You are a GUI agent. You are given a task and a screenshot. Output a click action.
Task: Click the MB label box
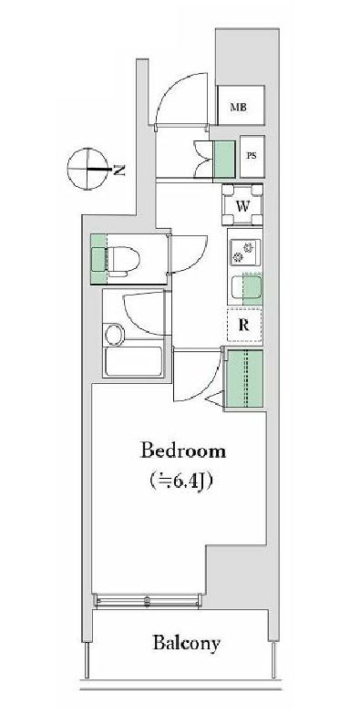pos(240,108)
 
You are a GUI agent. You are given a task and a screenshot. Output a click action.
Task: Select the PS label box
pos(251,156)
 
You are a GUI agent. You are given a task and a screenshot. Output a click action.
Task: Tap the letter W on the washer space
pos(243,205)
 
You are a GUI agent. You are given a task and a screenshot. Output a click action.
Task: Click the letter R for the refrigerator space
pos(244,324)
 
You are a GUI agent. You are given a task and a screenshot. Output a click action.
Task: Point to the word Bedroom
pos(182,451)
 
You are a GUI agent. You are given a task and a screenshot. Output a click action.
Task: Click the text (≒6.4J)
pos(182,480)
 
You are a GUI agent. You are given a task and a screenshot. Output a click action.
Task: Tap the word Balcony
pos(185,644)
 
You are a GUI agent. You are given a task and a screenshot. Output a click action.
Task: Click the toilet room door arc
pos(185,254)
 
